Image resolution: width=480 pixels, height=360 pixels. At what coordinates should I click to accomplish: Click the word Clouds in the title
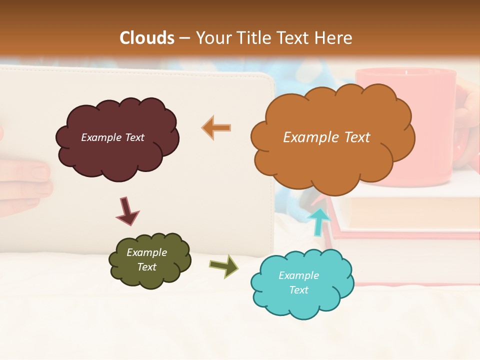coord(147,38)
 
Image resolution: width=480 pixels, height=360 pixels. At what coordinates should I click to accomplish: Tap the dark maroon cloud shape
coord(117,150)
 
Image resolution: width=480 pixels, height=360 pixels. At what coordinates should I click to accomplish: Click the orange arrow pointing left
coord(216,127)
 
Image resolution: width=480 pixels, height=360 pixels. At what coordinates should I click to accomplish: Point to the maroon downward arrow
coord(126,210)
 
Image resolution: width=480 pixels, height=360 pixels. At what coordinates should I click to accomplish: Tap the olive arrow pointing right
coord(223,265)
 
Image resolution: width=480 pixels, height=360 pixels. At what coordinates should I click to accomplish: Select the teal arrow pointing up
coord(319,220)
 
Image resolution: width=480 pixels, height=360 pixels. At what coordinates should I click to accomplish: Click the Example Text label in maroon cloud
coord(112,137)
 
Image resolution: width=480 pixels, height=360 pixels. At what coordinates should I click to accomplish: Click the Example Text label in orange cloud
coord(326,137)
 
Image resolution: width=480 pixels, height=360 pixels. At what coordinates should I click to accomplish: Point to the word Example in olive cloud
coord(146,252)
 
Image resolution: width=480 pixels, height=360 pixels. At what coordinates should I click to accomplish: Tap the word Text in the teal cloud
coord(299,290)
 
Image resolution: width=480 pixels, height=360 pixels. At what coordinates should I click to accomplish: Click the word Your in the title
coord(211,38)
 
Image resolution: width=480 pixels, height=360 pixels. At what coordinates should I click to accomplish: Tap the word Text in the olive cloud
coord(146,267)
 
